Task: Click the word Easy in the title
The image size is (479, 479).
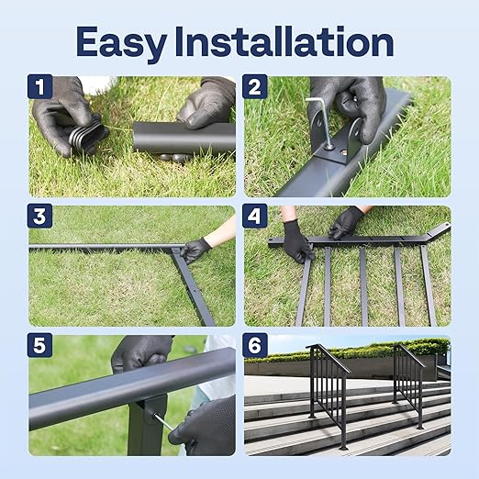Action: click(118, 42)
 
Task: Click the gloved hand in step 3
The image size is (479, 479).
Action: click(196, 249)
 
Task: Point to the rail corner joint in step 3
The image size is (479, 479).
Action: click(177, 250)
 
